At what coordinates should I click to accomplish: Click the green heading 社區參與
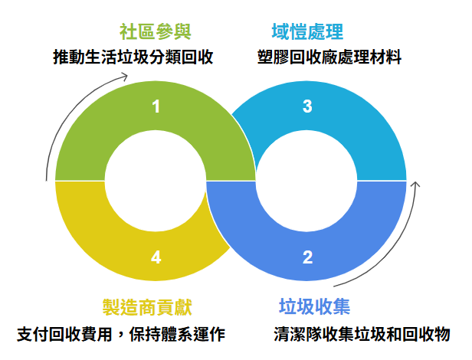[156, 32]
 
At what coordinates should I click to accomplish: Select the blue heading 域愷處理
[307, 32]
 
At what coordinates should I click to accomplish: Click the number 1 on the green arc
[156, 106]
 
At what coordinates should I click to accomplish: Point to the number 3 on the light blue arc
[307, 106]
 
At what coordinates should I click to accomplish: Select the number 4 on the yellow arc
[156, 257]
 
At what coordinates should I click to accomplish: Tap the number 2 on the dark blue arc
[307, 257]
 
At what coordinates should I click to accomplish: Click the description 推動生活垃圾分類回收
[133, 57]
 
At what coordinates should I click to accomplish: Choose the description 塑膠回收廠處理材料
[329, 57]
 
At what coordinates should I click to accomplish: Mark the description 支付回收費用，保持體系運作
[121, 335]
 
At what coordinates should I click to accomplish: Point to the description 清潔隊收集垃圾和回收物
[362, 335]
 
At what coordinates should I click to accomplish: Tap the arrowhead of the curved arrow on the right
[416, 184]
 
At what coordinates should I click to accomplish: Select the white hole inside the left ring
[156, 181]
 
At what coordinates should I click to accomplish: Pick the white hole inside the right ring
[306, 181]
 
